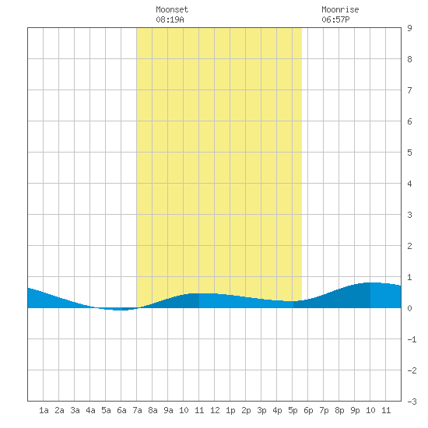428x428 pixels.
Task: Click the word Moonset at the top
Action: (172, 9)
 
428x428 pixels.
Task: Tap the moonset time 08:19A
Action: (170, 19)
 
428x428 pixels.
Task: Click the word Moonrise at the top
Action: (340, 9)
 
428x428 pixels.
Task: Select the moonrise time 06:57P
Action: (335, 19)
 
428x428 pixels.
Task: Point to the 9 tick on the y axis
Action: (409, 28)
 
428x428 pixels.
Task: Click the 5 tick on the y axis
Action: (409, 153)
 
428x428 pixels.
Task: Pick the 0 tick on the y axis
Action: (409, 308)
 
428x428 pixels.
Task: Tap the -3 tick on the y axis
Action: (412, 402)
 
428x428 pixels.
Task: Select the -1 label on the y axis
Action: (412, 339)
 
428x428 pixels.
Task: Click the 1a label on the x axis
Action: (44, 410)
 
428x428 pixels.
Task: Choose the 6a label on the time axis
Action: (121, 410)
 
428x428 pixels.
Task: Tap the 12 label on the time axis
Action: (215, 410)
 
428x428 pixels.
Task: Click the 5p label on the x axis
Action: (293, 410)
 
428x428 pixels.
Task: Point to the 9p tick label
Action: (355, 410)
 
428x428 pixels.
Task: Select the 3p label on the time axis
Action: (261, 410)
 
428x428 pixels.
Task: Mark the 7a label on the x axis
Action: (137, 410)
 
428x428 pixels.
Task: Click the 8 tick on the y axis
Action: (409, 59)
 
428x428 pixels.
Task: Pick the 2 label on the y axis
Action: (409, 246)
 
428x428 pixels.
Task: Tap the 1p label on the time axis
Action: (230, 410)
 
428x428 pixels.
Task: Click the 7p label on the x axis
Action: (324, 410)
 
